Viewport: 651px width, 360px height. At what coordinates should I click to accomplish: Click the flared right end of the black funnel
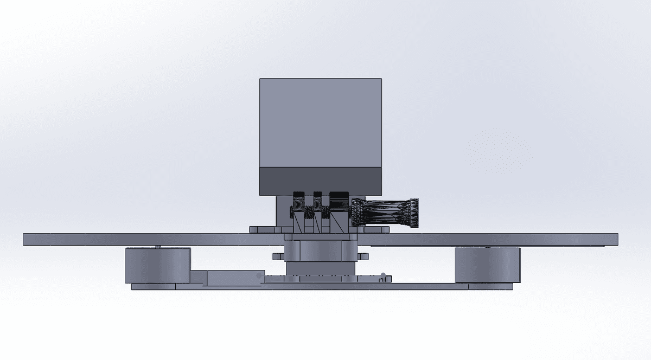[x=414, y=213]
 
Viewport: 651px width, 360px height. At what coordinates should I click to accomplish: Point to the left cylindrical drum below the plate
[x=157, y=265]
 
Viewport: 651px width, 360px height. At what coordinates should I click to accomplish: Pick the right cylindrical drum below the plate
[x=487, y=265]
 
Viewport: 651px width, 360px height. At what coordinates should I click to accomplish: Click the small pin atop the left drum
[x=158, y=247]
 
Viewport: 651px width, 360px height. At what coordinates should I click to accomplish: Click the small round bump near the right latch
[x=384, y=275]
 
